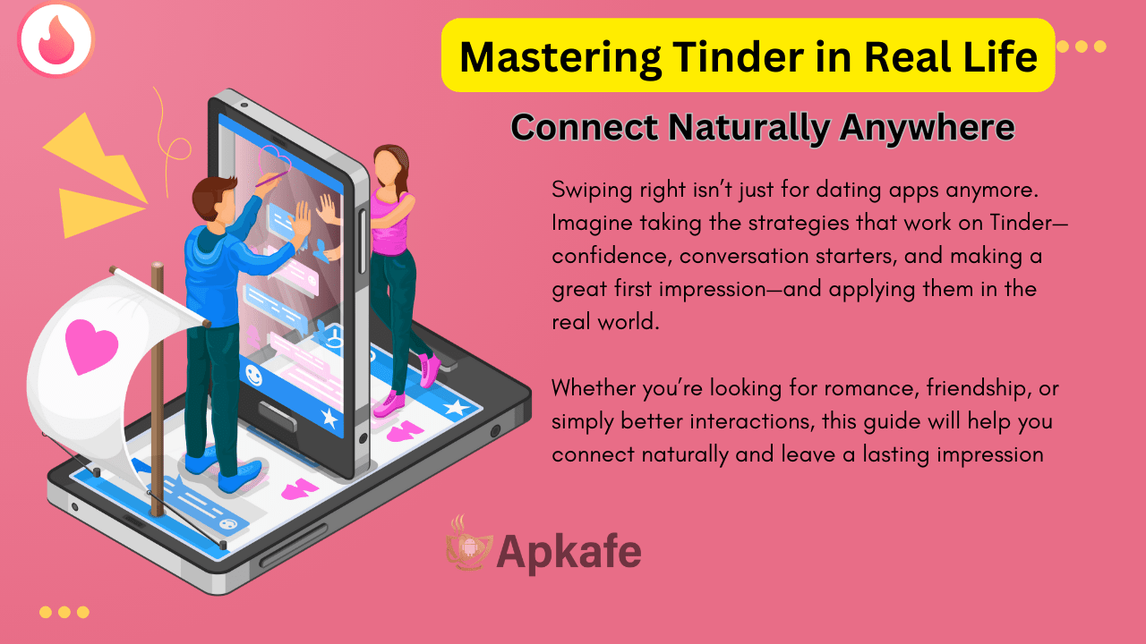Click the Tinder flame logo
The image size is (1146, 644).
[56, 38]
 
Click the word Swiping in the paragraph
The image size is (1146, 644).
[589, 190]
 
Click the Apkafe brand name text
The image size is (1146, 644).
[569, 552]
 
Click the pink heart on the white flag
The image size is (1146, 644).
[91, 344]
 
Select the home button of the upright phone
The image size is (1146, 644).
[278, 412]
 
